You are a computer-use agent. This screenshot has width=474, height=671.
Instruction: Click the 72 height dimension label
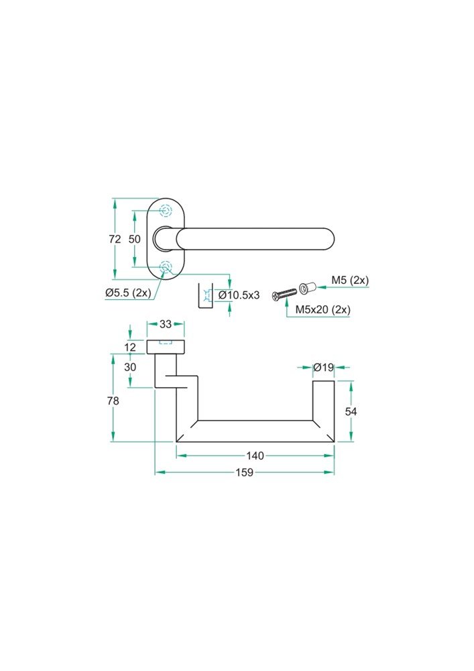[x=115, y=239]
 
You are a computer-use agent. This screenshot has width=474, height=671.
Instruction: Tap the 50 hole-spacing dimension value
[x=135, y=239]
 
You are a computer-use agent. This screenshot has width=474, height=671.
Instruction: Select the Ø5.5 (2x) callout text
[x=128, y=293]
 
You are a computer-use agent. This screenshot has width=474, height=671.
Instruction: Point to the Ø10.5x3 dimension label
[x=239, y=295]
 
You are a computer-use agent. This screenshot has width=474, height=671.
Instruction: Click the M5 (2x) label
[x=350, y=280]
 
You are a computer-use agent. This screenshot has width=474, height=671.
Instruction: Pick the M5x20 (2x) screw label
[x=323, y=309]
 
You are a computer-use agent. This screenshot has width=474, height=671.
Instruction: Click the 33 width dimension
[x=166, y=324]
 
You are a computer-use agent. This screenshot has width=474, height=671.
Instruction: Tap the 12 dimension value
[x=130, y=347]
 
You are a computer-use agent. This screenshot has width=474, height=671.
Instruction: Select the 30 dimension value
[x=130, y=367]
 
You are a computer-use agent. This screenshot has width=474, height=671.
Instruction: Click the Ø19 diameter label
[x=324, y=367]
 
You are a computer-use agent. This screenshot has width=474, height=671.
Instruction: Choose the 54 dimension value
[x=351, y=411]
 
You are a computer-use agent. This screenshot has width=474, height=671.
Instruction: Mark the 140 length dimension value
[x=255, y=456]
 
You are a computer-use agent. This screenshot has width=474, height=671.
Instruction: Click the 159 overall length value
[x=244, y=472]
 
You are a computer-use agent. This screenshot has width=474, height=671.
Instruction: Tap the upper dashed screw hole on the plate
[x=166, y=211]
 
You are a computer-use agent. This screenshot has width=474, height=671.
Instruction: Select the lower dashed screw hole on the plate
[x=166, y=268]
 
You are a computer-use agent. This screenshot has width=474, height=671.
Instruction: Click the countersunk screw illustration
[x=284, y=294]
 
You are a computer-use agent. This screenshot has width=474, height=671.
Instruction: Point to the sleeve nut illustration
[x=308, y=289]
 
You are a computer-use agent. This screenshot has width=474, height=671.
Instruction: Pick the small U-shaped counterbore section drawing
[x=206, y=297]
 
